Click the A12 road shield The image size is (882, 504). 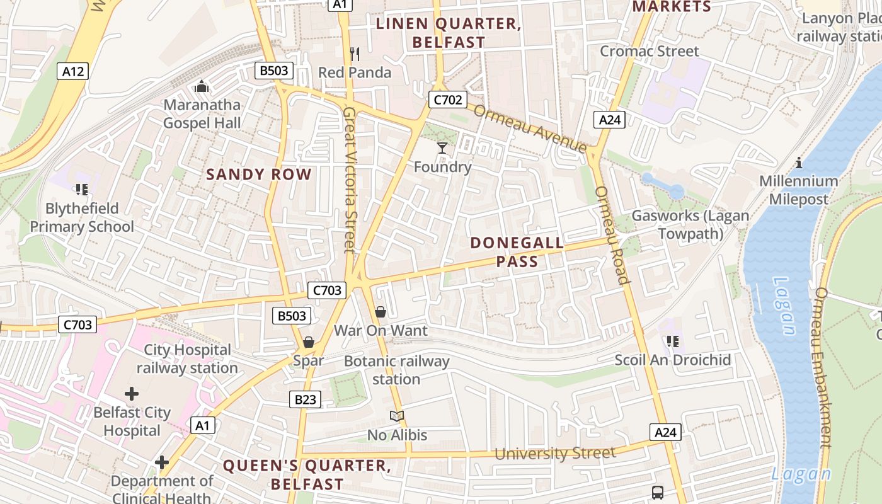[x=73, y=71]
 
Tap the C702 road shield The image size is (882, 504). [x=448, y=99]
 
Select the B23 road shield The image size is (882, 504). [x=305, y=399]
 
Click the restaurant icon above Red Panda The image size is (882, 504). [x=355, y=54]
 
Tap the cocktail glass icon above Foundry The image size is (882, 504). [x=442, y=148]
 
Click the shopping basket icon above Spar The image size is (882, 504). [x=309, y=342]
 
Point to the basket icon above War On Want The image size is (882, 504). [x=381, y=312]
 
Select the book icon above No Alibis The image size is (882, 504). [x=397, y=416]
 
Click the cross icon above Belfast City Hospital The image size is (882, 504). [x=132, y=394]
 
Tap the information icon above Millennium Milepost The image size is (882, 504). [x=799, y=163]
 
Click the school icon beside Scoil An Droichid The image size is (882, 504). [x=672, y=341]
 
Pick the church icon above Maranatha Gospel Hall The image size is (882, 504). [x=202, y=86]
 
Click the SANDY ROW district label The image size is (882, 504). [x=259, y=175]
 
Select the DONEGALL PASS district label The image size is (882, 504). [x=517, y=252]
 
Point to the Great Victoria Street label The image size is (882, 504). [x=350, y=180]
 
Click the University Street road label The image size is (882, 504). [x=555, y=454]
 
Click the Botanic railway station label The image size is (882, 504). [x=396, y=370]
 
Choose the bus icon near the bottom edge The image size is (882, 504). [x=658, y=492]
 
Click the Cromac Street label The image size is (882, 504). [x=650, y=51]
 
